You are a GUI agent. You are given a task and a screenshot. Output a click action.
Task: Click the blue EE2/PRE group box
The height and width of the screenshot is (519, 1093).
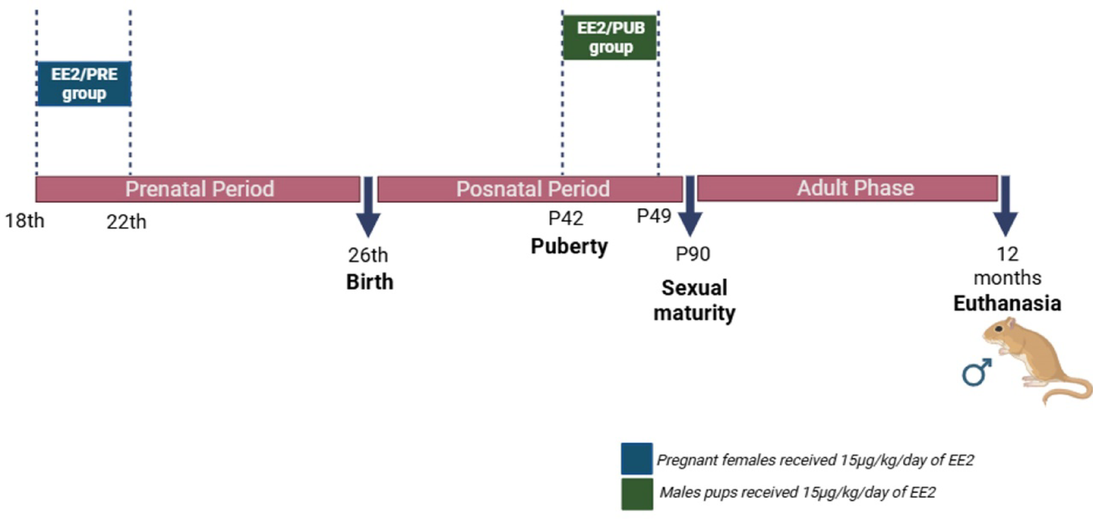(x=84, y=84)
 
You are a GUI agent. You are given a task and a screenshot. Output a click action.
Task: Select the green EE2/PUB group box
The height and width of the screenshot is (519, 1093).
(x=610, y=38)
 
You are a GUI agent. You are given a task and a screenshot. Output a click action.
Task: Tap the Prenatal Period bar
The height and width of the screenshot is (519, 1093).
(x=198, y=189)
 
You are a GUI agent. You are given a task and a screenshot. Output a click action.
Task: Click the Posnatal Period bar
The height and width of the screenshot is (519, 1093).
(x=531, y=189)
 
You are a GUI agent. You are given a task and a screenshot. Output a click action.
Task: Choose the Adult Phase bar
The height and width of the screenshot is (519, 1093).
(x=848, y=188)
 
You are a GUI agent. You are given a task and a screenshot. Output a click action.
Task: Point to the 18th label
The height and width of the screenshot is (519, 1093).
(x=25, y=221)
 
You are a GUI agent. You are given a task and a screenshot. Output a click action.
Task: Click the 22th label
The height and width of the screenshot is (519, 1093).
(x=126, y=222)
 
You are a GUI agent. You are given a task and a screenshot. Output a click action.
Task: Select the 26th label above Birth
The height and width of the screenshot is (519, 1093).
(x=368, y=255)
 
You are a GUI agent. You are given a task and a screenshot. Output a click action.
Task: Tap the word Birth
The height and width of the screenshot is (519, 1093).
(x=370, y=282)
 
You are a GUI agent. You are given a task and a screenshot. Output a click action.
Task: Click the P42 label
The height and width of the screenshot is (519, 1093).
(x=566, y=218)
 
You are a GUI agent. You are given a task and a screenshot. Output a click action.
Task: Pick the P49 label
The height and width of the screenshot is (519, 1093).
(x=654, y=216)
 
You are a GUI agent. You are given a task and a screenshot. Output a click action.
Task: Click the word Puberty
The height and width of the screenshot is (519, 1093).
(x=569, y=246)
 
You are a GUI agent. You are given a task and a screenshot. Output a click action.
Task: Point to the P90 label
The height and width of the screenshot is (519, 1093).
(x=693, y=254)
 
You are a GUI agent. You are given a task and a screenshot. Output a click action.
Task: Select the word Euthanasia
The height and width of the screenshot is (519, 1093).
(x=1007, y=303)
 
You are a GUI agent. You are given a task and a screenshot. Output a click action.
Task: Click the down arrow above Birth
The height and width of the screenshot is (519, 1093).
(x=369, y=210)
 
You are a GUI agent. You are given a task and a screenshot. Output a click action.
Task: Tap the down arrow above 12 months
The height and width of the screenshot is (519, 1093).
(x=1005, y=209)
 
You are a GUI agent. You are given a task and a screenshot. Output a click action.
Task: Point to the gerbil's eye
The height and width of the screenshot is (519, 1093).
(x=999, y=329)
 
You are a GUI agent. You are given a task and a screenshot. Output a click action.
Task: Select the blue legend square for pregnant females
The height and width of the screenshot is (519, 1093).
(x=637, y=459)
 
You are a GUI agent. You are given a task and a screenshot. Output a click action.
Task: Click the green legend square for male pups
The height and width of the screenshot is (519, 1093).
(x=637, y=494)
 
